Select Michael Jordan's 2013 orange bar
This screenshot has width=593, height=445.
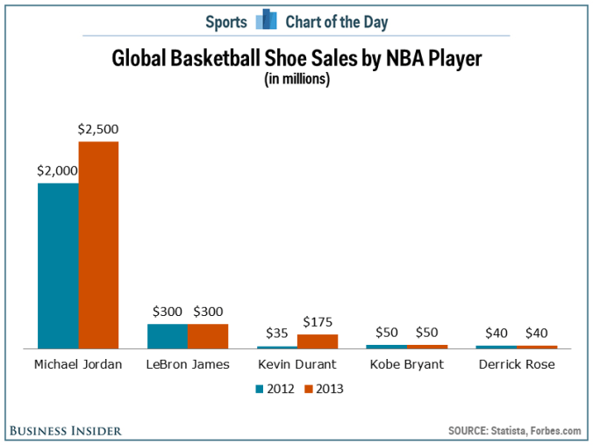pos(98,245)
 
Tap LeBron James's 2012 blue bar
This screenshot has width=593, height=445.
pos(167,336)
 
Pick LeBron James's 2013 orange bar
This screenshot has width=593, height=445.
pos(208,336)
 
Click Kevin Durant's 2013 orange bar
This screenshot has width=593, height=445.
pos(317,341)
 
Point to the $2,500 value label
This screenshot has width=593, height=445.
pos(98,129)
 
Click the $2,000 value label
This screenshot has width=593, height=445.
pos(58,171)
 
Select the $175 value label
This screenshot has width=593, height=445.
pos(317,322)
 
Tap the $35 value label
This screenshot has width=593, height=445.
pos(277,333)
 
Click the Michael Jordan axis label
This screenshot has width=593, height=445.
pos(77,364)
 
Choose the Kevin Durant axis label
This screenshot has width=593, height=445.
pos(296,364)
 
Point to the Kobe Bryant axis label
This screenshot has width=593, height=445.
pos(406,364)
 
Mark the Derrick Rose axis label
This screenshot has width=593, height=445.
pos(516,364)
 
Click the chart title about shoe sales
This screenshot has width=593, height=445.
pos(296,60)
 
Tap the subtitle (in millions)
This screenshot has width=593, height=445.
pos(296,81)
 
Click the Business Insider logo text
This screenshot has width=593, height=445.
pos(66,430)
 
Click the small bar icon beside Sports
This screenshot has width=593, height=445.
pos(266,20)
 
